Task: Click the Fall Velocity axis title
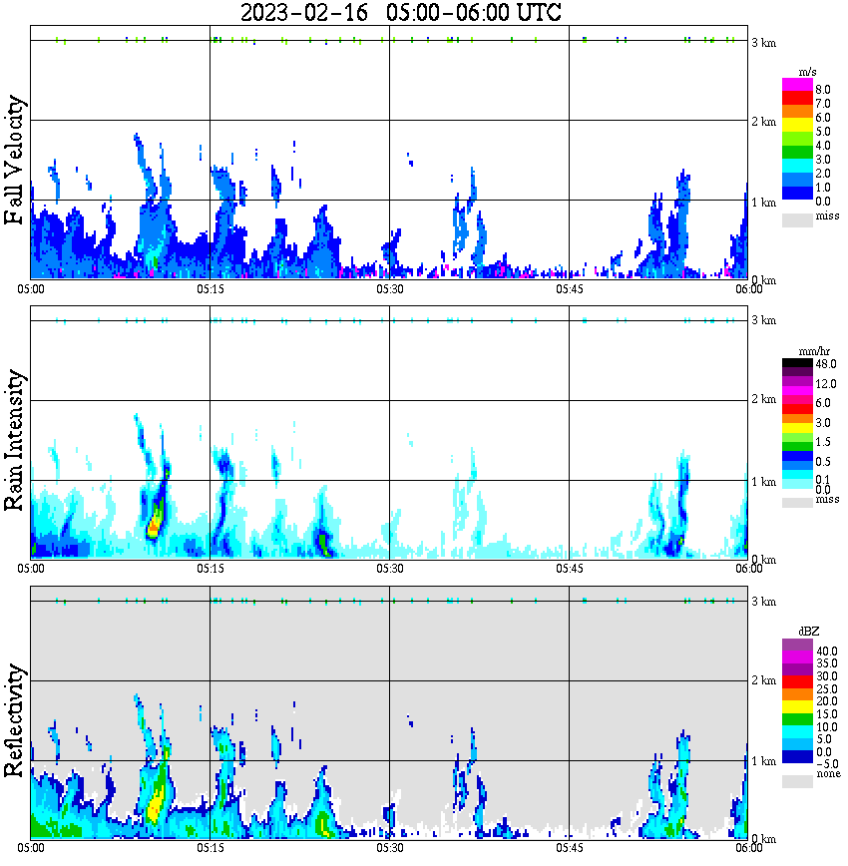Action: coord(14,161)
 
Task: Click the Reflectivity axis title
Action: coord(14,720)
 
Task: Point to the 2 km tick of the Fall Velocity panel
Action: coord(763,122)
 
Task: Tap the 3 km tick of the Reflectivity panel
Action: coord(763,602)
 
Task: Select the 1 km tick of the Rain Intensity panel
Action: coord(763,482)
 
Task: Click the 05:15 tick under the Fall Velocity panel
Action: coord(210,288)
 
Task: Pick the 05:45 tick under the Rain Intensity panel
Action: coord(569,568)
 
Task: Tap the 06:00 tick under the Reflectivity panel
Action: coord(749,847)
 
